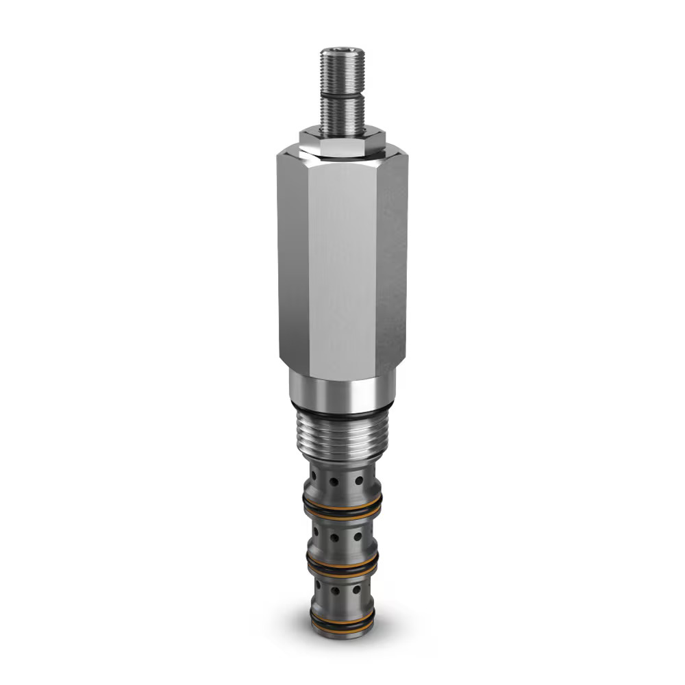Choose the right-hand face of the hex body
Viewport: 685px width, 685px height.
coord(392,267)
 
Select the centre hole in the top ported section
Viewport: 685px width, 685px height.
coord(334,482)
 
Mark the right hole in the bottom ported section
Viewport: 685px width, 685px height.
coord(357,589)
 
